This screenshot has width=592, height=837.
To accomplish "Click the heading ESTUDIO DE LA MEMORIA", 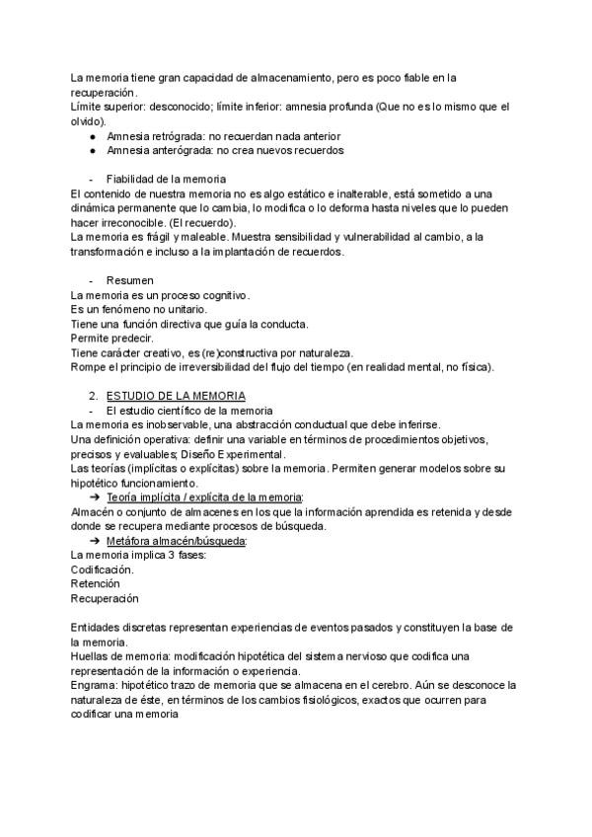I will click(176, 395).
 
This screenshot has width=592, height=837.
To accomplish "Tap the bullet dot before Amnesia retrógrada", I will click(92, 136).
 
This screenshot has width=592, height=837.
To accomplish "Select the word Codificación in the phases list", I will click(103, 570).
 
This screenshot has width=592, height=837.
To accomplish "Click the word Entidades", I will click(97, 628).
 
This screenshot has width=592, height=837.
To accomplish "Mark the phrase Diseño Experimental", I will click(260, 453).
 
